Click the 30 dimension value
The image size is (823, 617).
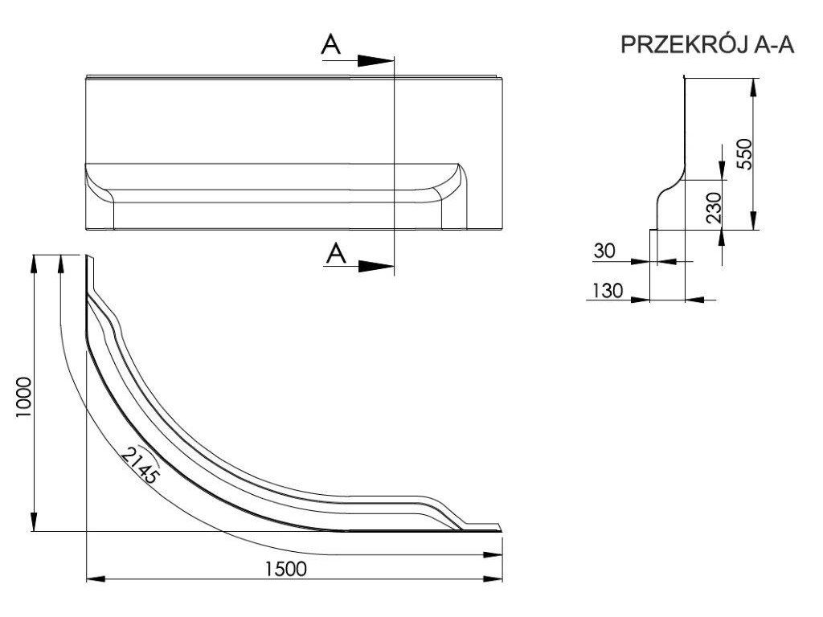pos(604,251)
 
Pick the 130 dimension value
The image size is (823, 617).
pos(608,290)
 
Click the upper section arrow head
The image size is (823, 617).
pos(375,60)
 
